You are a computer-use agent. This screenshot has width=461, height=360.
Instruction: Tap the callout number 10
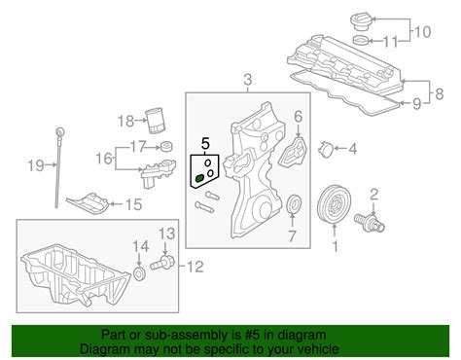422,34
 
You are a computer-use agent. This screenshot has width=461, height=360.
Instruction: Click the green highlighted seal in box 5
199,177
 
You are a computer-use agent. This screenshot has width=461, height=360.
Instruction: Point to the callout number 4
353,149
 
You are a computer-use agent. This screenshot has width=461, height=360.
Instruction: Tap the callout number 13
166,234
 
